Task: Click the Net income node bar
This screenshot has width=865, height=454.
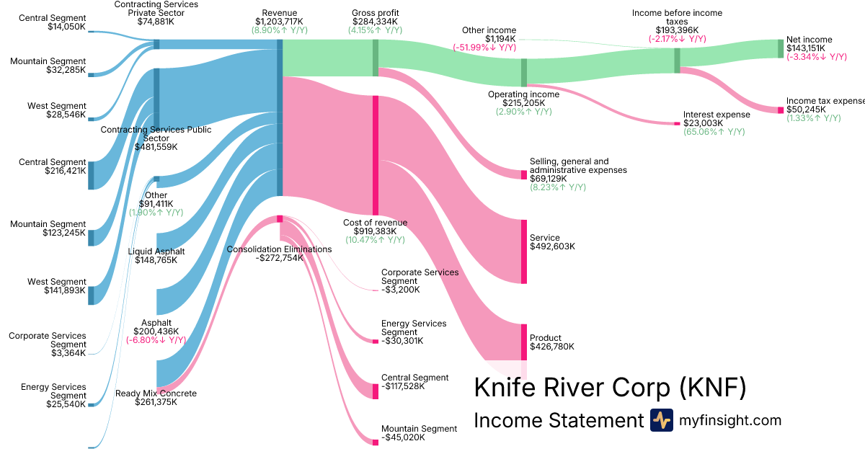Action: (x=780, y=48)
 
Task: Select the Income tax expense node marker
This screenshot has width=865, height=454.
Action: (x=780, y=110)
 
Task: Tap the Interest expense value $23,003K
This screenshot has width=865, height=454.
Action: (x=706, y=123)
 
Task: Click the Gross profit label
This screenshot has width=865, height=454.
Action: (x=375, y=13)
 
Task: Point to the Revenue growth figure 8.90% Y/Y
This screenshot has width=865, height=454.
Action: (x=279, y=31)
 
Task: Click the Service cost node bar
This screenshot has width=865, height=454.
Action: (x=524, y=252)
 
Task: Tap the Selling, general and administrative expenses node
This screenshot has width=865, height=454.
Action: (x=524, y=175)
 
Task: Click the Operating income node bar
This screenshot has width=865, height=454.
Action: (x=524, y=72)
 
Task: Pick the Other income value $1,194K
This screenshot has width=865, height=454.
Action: (x=499, y=39)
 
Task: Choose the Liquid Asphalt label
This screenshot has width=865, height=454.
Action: (x=156, y=252)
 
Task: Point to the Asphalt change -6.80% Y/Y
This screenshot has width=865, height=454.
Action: (x=156, y=340)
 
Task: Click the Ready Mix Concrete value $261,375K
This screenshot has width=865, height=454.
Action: (x=156, y=402)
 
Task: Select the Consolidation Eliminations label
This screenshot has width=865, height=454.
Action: (x=279, y=249)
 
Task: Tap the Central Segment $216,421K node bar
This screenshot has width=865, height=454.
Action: (x=91, y=175)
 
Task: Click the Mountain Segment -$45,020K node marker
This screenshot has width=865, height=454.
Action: (x=376, y=442)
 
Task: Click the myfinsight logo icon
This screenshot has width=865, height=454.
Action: (x=661, y=420)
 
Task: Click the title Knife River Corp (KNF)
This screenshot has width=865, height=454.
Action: (x=609, y=388)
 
